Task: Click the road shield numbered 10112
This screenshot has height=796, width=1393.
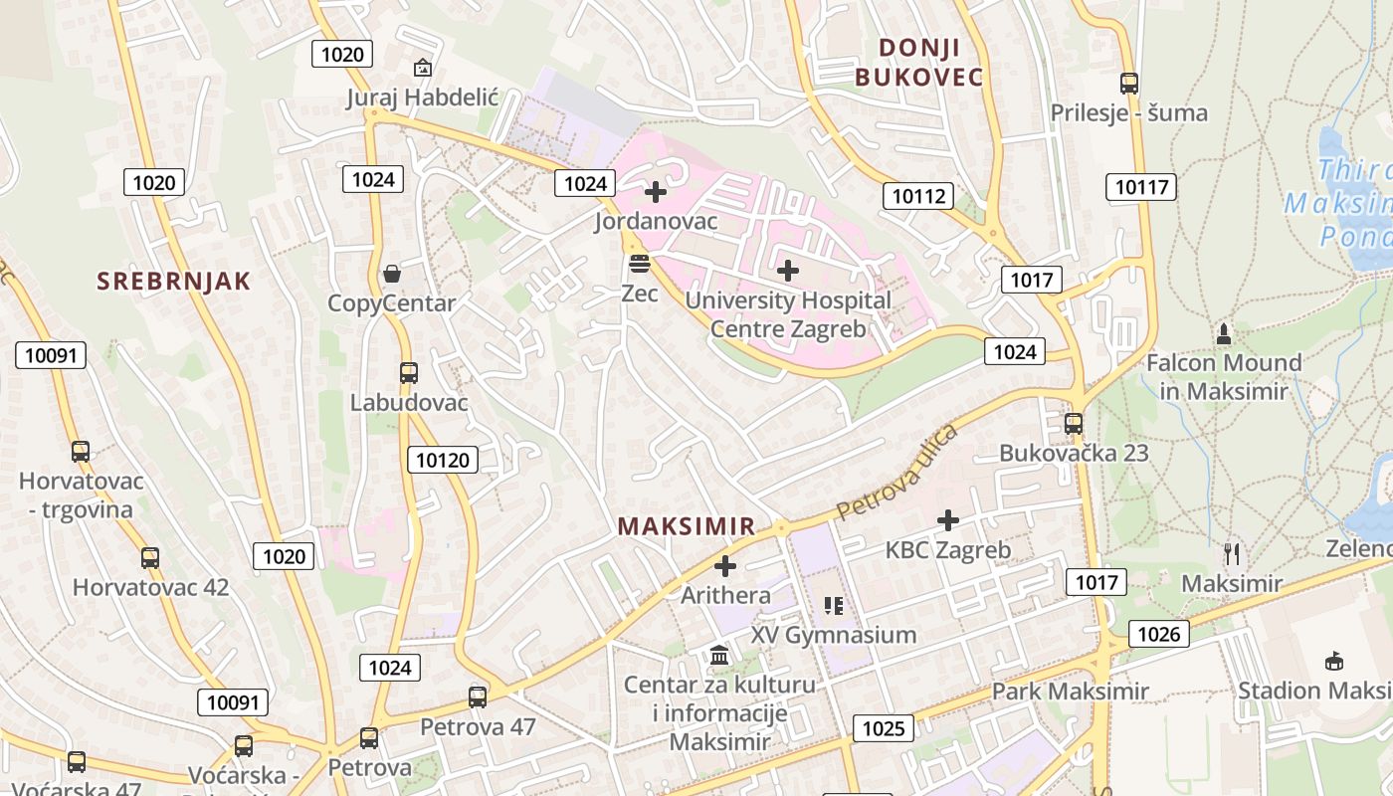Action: (917, 196)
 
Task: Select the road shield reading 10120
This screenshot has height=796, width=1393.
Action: (442, 459)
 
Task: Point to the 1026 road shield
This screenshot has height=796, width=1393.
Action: (1158, 634)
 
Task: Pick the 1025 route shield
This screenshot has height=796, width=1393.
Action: (884, 728)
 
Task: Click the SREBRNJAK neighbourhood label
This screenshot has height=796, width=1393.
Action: (174, 281)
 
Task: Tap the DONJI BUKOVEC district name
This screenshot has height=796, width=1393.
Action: (919, 62)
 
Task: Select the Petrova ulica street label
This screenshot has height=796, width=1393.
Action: (896, 472)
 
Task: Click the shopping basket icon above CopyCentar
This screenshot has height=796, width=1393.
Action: (392, 274)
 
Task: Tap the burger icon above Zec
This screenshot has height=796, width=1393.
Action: (639, 264)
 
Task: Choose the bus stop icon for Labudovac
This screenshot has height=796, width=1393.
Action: (409, 373)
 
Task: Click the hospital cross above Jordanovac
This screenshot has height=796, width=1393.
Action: (656, 191)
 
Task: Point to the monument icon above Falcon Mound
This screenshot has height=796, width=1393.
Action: (1224, 333)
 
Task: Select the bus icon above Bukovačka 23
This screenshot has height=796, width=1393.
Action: (1073, 423)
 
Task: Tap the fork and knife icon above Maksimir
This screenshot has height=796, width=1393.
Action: (1232, 554)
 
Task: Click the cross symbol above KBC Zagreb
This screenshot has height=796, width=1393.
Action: (948, 519)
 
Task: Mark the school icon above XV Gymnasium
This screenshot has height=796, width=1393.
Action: (834, 605)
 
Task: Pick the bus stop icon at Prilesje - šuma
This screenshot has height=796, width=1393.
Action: (1128, 84)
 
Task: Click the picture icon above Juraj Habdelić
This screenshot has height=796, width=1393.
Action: (422, 68)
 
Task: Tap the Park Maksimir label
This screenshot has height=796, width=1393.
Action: (1071, 691)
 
